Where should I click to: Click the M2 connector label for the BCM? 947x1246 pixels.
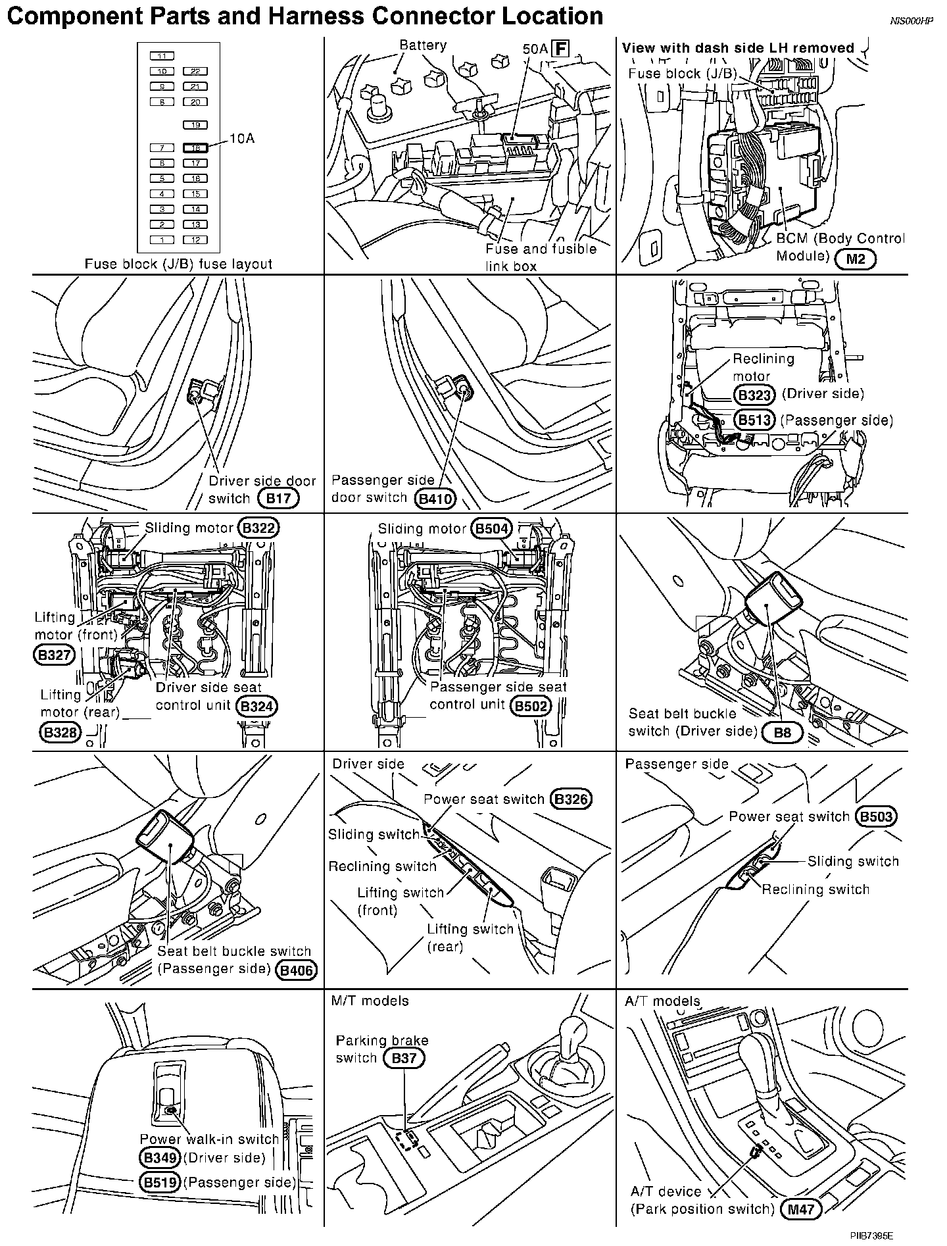tap(856, 259)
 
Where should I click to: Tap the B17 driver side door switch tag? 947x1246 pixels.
tap(279, 498)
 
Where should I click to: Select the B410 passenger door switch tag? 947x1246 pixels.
tap(436, 499)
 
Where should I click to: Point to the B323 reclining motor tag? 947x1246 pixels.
tap(755, 395)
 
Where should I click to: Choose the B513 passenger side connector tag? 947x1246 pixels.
tap(755, 420)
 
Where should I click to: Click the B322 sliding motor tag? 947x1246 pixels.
tap(259, 528)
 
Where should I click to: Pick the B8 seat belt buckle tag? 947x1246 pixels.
tap(783, 732)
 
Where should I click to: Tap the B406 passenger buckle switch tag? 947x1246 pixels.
tap(297, 970)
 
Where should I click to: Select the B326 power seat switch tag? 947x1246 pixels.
tap(571, 799)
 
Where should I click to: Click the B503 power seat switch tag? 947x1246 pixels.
tap(877, 817)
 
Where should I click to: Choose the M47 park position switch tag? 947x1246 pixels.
tap(800, 1209)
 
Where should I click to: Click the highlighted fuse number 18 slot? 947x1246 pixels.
tap(195, 148)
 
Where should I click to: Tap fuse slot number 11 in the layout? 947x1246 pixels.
tap(162, 56)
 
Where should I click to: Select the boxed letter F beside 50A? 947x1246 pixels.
tap(560, 49)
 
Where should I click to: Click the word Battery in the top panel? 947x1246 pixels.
tap(423, 45)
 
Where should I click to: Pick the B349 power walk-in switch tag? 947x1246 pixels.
tap(160, 1158)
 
